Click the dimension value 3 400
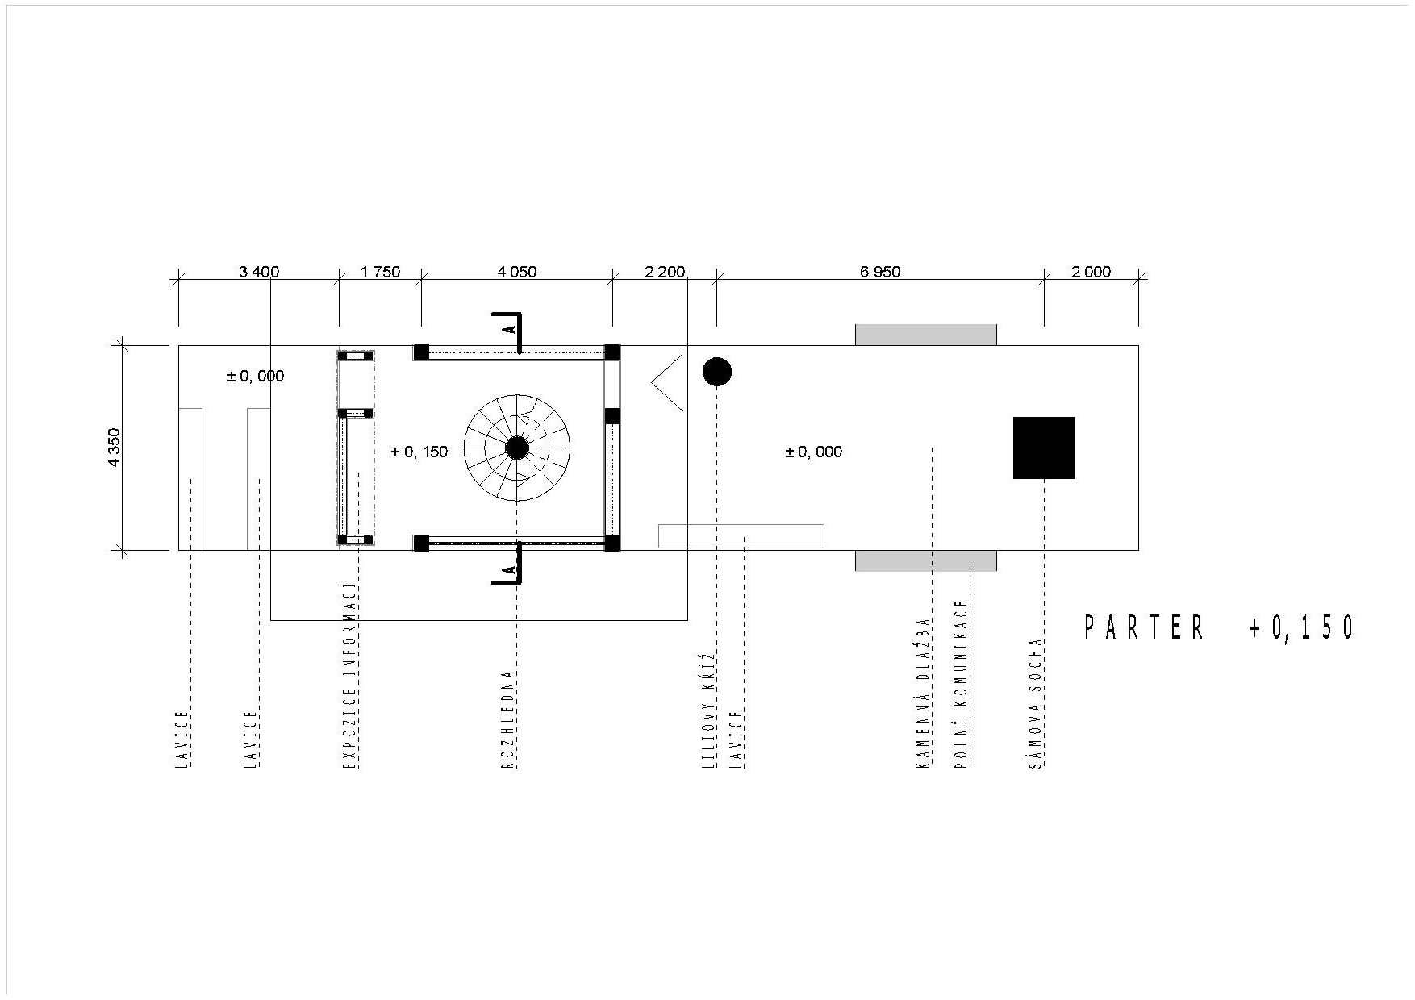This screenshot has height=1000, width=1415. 259,272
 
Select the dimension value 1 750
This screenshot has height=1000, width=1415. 380,272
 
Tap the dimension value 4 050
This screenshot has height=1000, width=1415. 517,272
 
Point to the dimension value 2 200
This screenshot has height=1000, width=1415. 666,272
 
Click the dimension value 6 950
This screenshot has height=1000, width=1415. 880,272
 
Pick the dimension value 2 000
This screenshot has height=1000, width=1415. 1092,272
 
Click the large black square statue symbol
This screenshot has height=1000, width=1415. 1044,448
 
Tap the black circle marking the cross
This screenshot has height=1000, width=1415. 717,372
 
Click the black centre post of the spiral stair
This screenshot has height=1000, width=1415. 517,448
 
